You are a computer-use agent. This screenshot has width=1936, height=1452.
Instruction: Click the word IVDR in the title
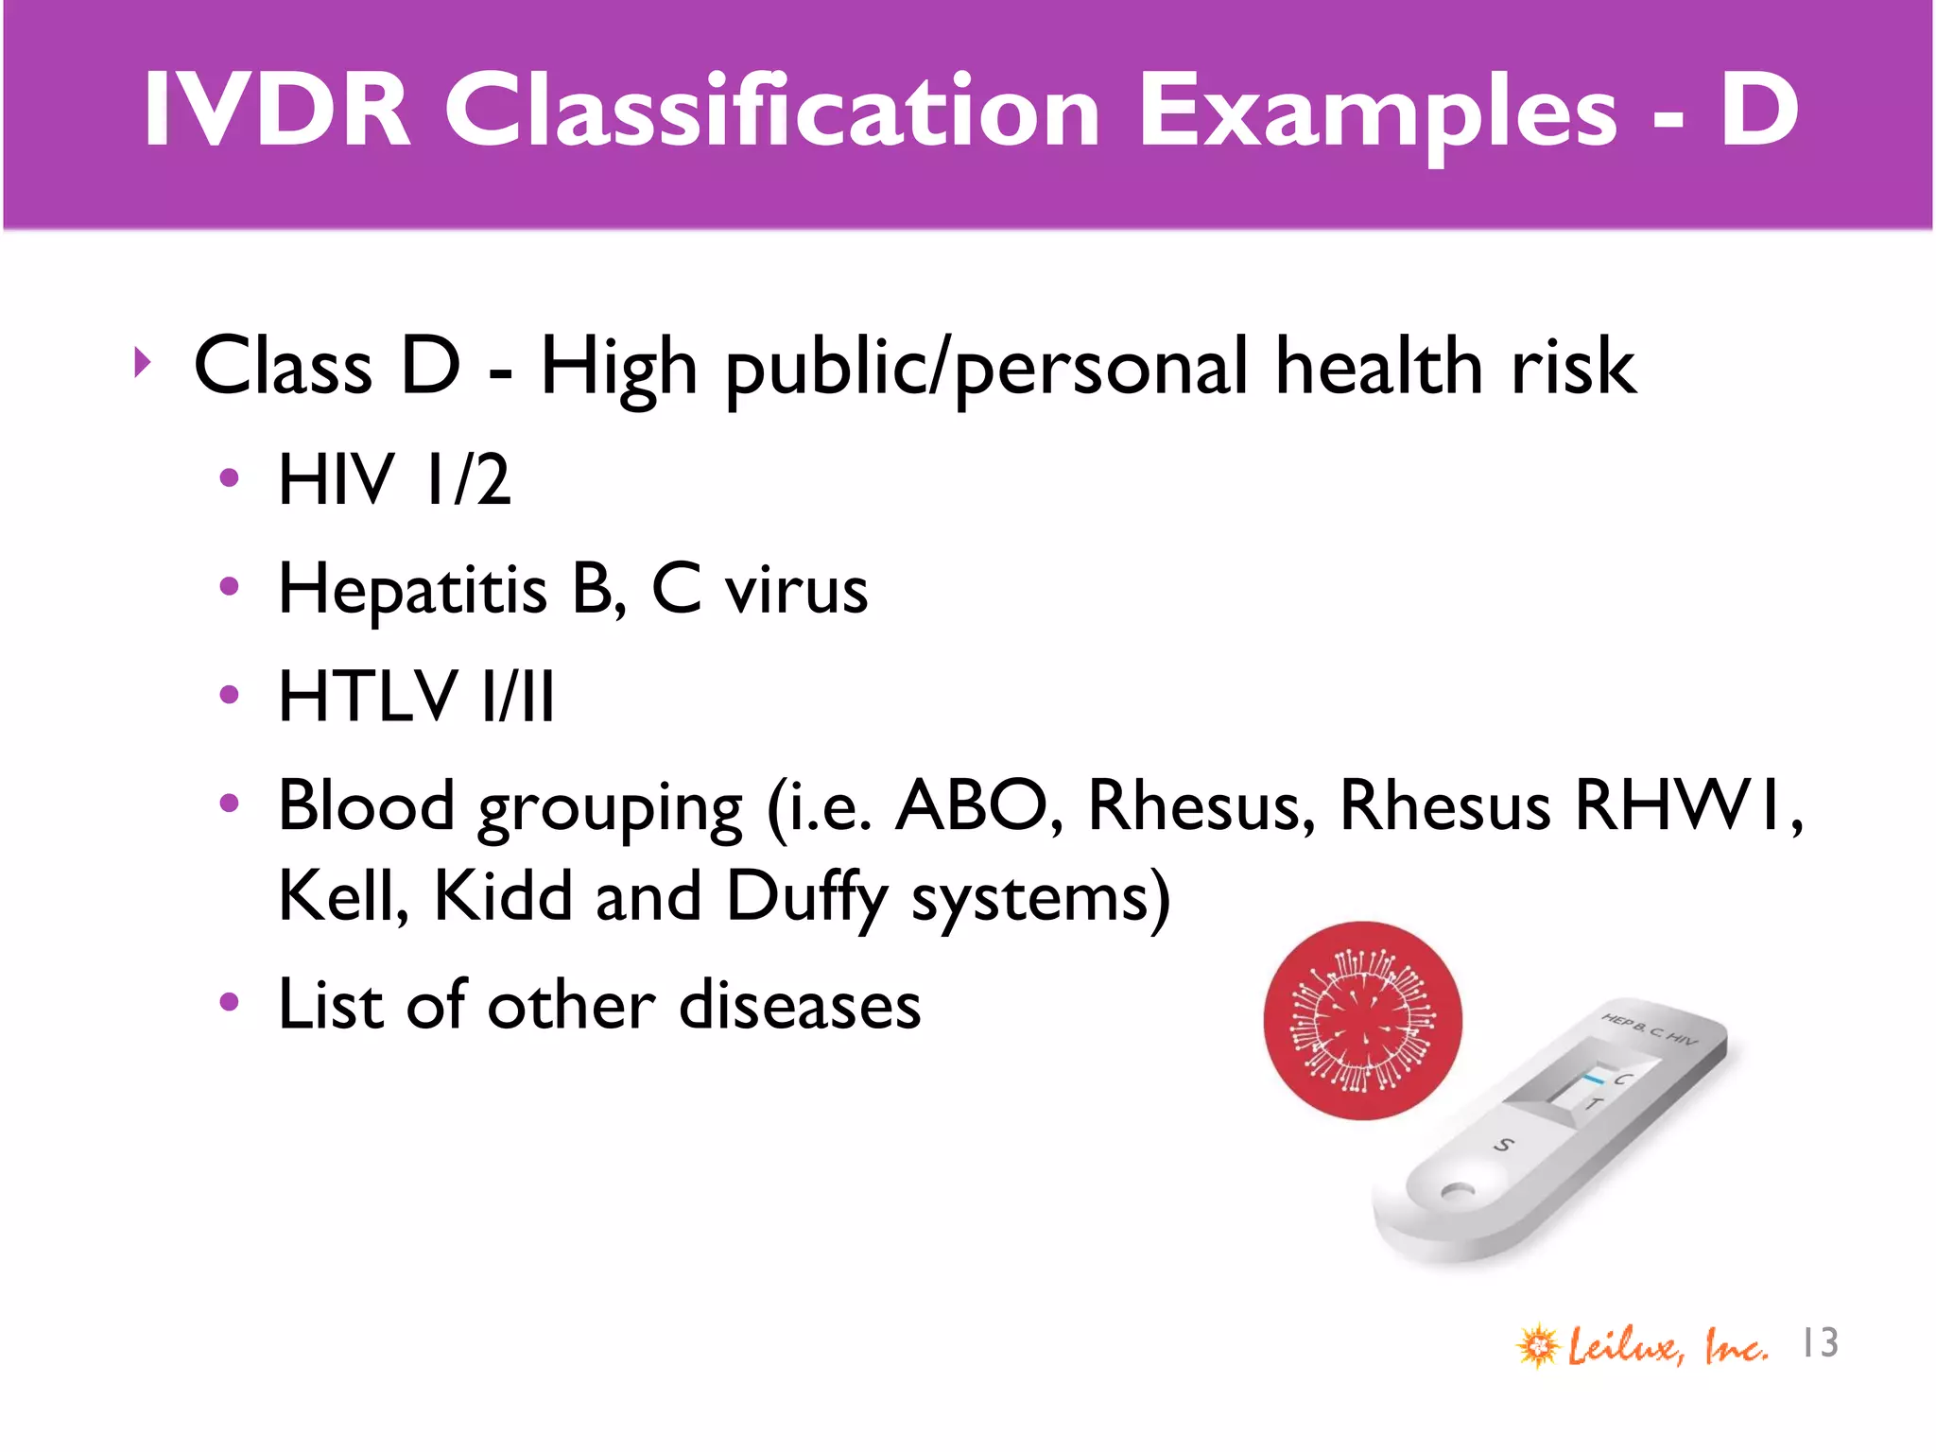click(x=277, y=112)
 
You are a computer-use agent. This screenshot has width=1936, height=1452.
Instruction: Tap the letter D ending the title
click(x=1758, y=112)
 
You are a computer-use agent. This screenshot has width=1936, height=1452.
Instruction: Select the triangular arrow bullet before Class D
click(x=142, y=362)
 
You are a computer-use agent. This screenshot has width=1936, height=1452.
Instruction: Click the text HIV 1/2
click(x=394, y=480)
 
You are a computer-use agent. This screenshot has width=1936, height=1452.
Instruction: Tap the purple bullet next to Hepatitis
click(x=229, y=587)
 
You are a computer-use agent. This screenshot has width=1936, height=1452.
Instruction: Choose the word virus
click(x=796, y=591)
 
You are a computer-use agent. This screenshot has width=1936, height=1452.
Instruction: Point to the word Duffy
click(x=806, y=898)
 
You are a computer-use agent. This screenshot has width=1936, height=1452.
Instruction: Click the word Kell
click(x=342, y=896)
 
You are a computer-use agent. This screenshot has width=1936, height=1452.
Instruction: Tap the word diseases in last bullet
click(x=800, y=1005)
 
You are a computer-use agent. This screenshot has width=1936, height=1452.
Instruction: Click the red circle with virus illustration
click(x=1362, y=1021)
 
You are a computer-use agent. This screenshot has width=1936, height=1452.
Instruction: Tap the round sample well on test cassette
click(x=1457, y=1193)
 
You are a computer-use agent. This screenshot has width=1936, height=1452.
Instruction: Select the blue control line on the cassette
click(x=1595, y=1078)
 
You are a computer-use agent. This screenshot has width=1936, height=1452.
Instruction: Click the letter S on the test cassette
click(x=1502, y=1146)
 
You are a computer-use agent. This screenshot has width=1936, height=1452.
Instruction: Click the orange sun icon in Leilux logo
click(x=1538, y=1345)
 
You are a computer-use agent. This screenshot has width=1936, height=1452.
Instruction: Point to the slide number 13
click(x=1820, y=1343)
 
